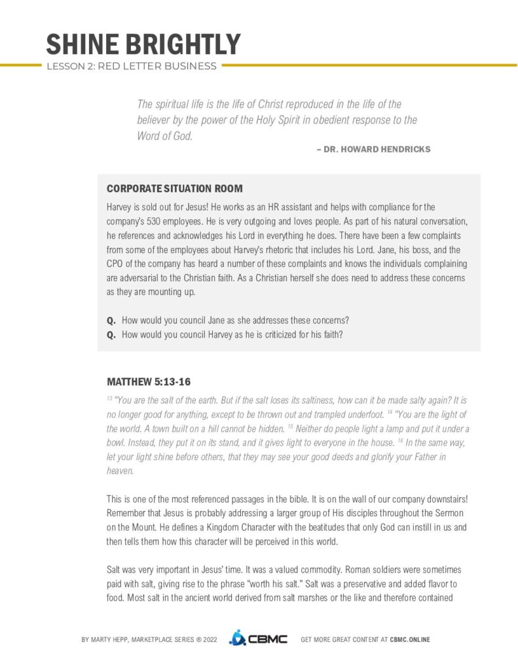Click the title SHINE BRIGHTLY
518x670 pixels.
coord(143,44)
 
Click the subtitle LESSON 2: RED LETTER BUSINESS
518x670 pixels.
coord(132,66)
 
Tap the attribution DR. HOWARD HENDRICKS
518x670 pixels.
coord(377,149)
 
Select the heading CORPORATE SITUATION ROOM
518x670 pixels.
coord(174,188)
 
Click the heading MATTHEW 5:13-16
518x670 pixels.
coord(149,381)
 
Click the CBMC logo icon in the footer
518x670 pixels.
coord(236,639)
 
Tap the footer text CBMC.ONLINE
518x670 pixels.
coord(410,639)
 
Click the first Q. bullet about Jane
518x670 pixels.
coord(111,320)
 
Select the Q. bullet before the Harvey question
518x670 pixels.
coord(111,334)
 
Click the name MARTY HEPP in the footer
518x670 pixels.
coord(113,639)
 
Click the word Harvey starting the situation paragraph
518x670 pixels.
coord(118,207)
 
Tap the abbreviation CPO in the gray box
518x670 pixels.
coord(115,263)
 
